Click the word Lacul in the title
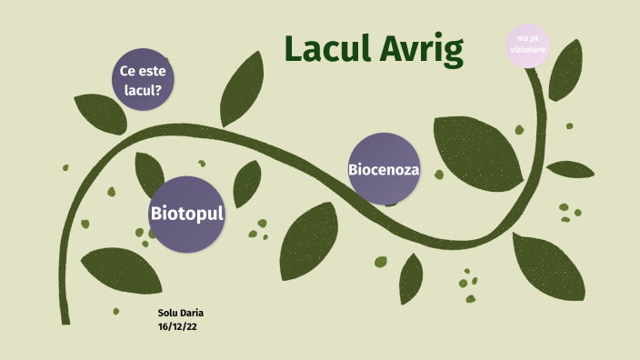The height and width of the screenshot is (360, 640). pos(326,51)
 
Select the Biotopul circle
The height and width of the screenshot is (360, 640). pos(186,215)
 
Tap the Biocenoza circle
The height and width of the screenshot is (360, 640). pos(384,169)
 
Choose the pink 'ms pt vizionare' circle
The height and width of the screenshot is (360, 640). pos(531,45)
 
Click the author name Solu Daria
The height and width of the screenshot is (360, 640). pos(180,313)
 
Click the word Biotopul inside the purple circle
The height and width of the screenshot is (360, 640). pos(186,215)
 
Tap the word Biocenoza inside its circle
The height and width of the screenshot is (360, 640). pos(384,169)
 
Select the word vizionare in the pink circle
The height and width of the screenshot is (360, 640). pos(531,50)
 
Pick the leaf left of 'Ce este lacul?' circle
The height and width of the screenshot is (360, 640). pos(98,115)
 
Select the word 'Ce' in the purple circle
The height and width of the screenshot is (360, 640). pos(127,71)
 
